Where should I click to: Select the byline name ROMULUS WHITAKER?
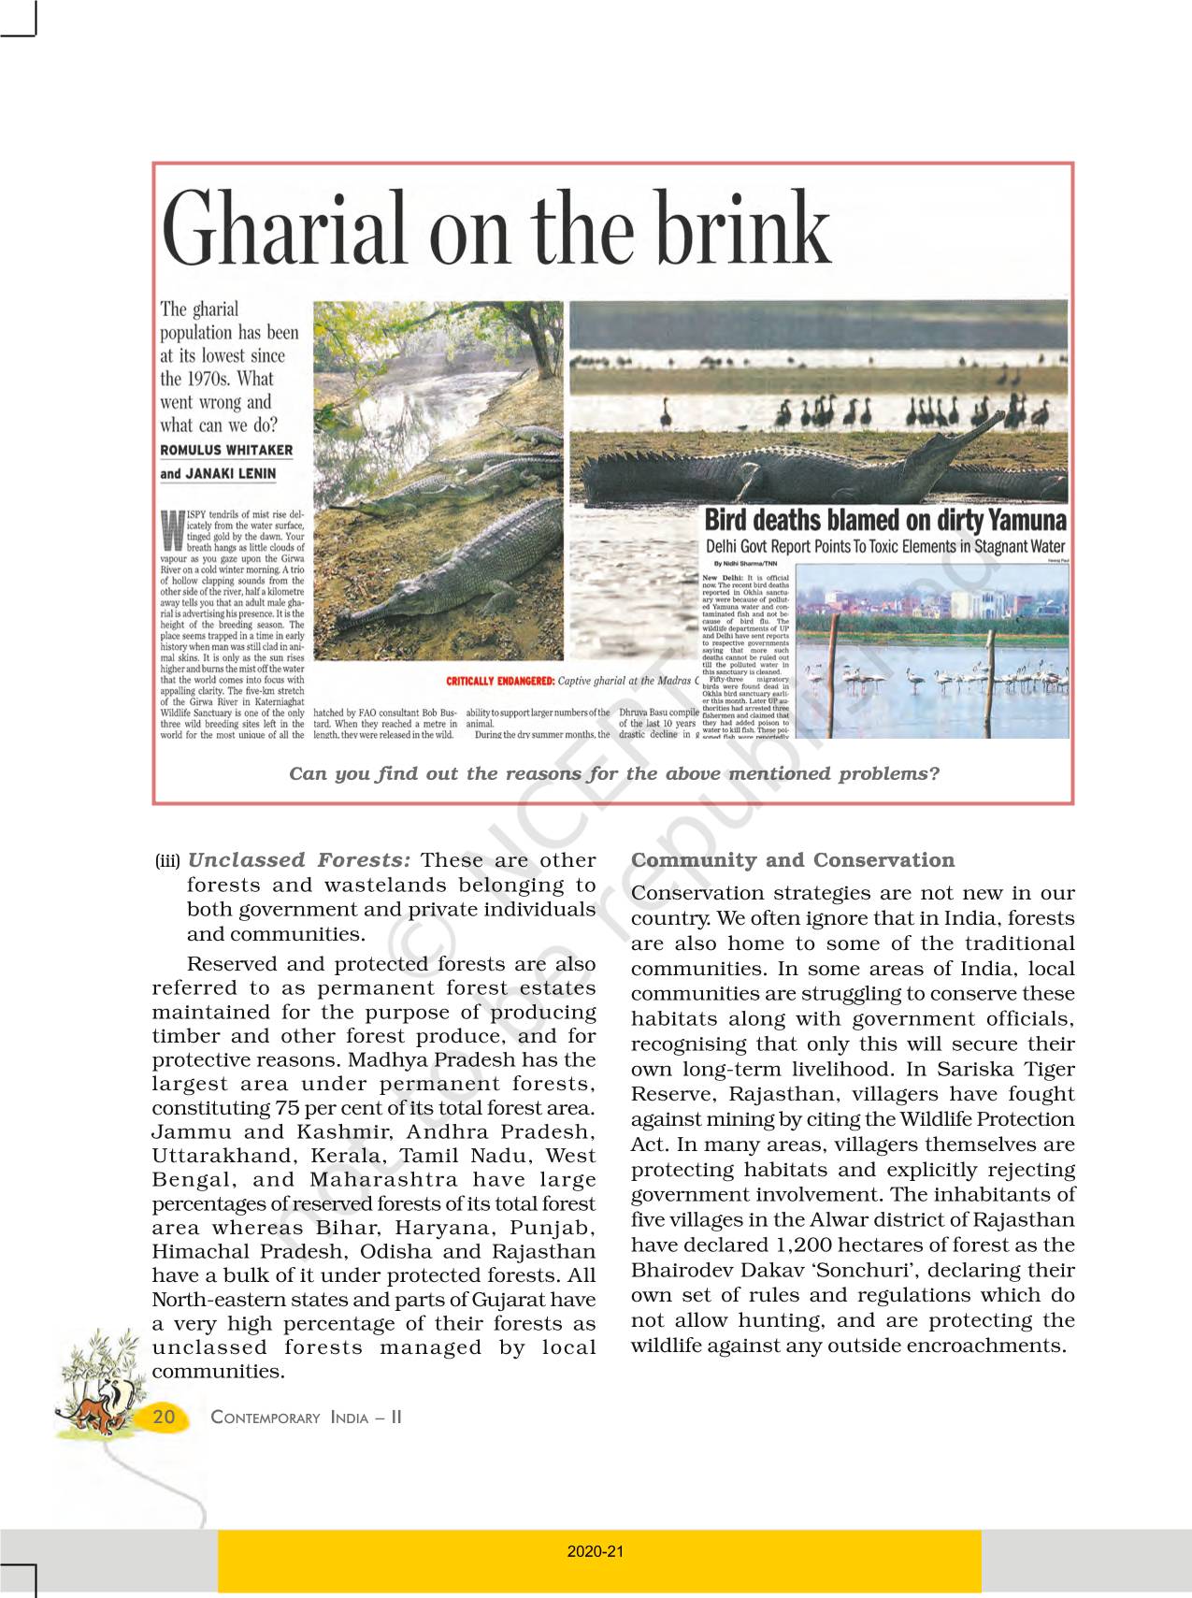pos(226,450)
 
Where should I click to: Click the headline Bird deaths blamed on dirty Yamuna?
pos(884,521)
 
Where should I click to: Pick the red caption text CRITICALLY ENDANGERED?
pos(500,682)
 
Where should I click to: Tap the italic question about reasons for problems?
pos(613,773)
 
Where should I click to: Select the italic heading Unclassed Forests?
pos(299,860)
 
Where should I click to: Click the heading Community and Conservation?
pos(793,860)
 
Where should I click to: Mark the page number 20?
pos(164,1417)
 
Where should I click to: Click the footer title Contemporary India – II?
pos(306,1418)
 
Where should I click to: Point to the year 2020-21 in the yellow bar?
pos(596,1551)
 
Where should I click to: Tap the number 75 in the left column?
pos(287,1109)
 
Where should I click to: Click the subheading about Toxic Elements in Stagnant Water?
pos(884,547)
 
